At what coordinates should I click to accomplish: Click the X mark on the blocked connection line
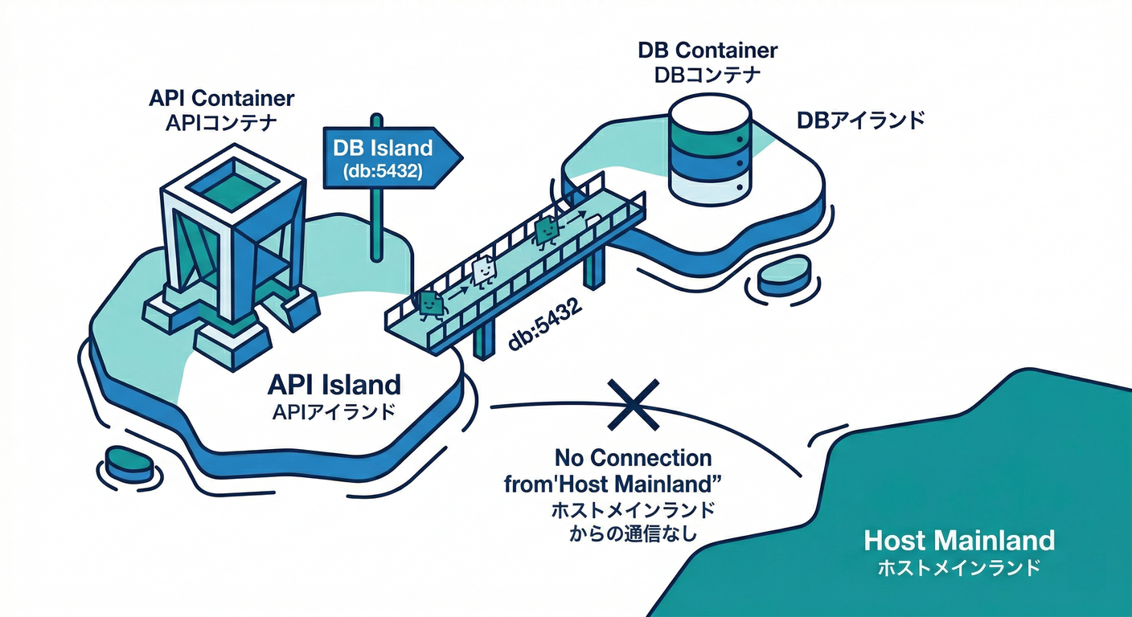632,404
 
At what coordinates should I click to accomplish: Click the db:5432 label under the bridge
545,328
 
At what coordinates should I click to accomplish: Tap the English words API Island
334,385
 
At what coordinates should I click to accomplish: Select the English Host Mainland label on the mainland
958,540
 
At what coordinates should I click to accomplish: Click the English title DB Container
707,51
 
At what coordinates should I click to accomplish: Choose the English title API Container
222,99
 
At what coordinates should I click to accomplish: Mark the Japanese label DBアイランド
860,121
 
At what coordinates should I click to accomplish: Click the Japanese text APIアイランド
334,412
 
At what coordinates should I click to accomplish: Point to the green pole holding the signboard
375,224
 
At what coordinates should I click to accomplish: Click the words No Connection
633,458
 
